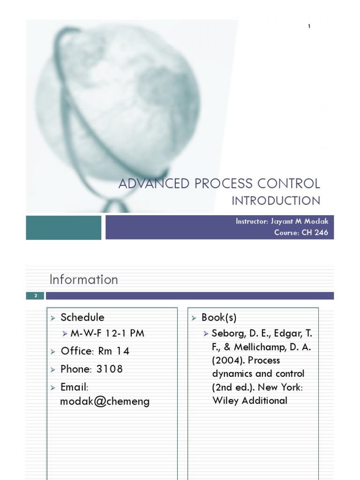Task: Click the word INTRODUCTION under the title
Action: point(276,201)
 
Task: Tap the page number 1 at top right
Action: point(309,26)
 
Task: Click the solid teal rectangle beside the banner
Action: point(63,227)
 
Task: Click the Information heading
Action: point(84,279)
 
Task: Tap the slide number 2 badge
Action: point(35,296)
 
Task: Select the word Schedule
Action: point(82,317)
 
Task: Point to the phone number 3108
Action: point(110,369)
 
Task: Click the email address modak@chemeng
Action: point(105,401)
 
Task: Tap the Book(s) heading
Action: point(219,317)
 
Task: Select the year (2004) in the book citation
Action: point(228,360)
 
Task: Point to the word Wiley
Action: point(225,400)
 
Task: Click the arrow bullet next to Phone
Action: point(53,369)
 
